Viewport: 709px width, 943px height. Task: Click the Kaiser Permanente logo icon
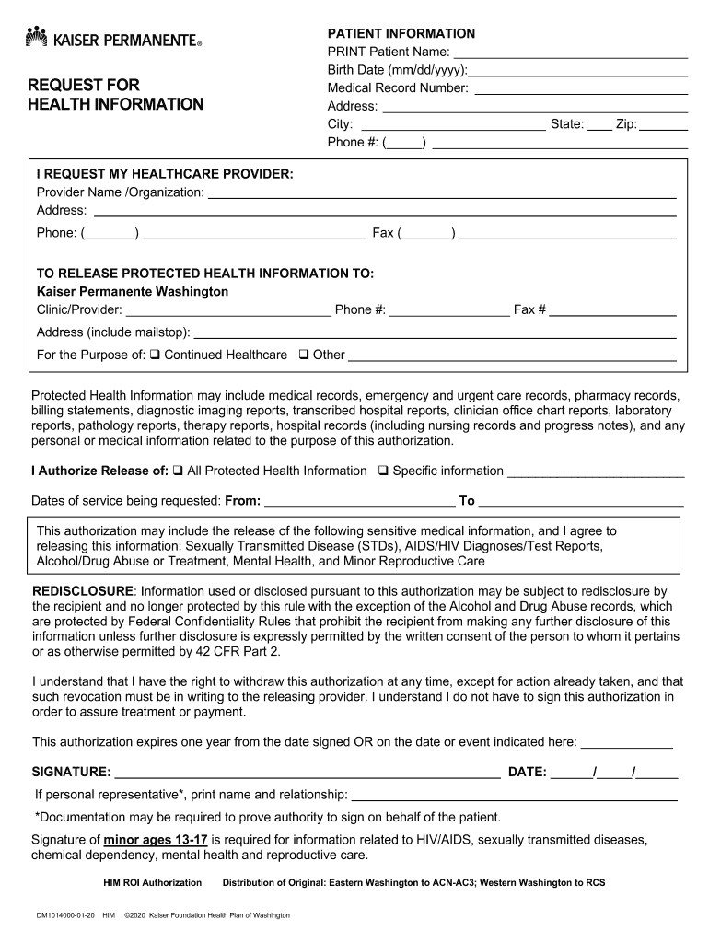(36, 37)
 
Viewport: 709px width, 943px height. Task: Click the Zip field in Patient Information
(665, 125)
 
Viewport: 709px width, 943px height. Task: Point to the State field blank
(599, 125)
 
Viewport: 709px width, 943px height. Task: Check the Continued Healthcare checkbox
(155, 355)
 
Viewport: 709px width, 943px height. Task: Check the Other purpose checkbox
(303, 355)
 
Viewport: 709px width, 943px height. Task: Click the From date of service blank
(359, 503)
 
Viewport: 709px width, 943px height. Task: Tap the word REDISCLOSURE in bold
(84, 590)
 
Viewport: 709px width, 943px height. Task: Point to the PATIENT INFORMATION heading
(401, 33)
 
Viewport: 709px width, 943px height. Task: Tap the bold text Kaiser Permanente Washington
(132, 291)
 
